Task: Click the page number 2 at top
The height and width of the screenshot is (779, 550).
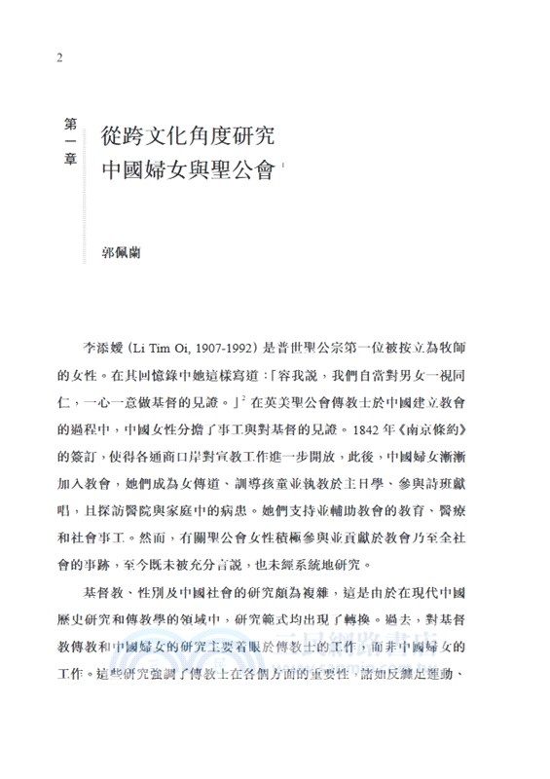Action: pyautogui.click(x=61, y=57)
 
